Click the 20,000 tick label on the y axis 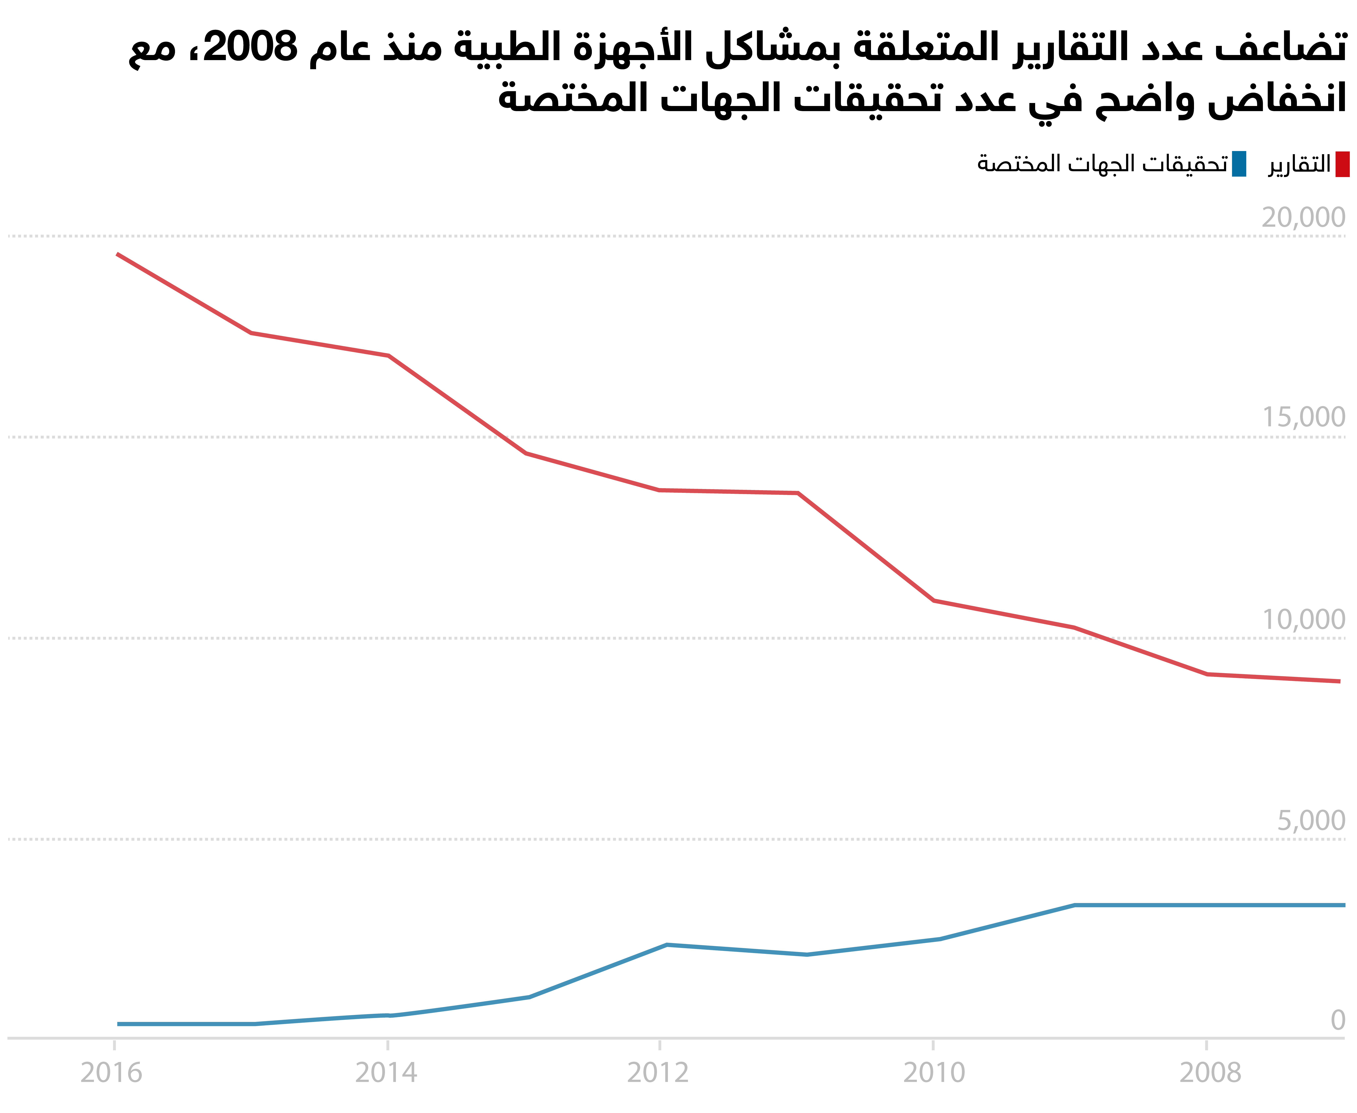pyautogui.click(x=1303, y=218)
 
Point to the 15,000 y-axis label pyautogui.click(x=1303, y=417)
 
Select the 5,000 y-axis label pyautogui.click(x=1311, y=821)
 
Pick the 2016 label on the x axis pyautogui.click(x=111, y=1073)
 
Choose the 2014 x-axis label pyautogui.click(x=386, y=1073)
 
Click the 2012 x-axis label pyautogui.click(x=658, y=1073)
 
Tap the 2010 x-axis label pyautogui.click(x=934, y=1073)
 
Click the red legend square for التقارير pyautogui.click(x=1342, y=164)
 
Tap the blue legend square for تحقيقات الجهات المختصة pyautogui.click(x=1239, y=164)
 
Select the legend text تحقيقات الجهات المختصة pyautogui.click(x=1102, y=164)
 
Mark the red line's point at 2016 pyautogui.click(x=117, y=254)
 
